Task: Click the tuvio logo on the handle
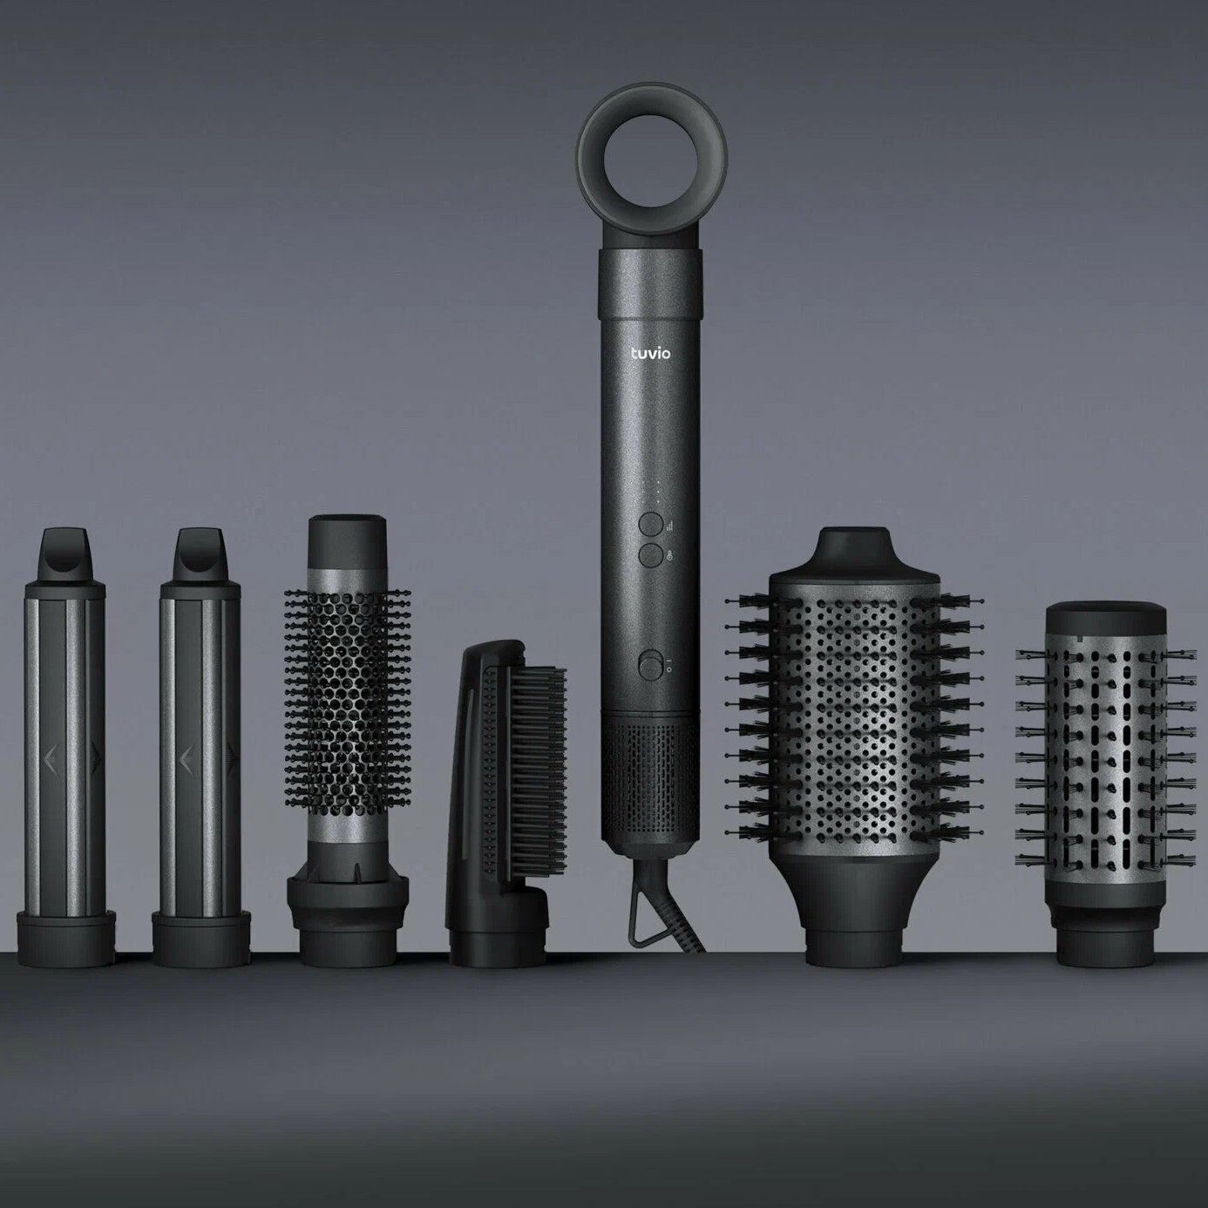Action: [x=650, y=353]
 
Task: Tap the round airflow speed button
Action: [x=651, y=524]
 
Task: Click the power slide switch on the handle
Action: [x=651, y=665]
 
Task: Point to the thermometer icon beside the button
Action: [x=669, y=556]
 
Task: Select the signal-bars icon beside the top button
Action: [x=669, y=526]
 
